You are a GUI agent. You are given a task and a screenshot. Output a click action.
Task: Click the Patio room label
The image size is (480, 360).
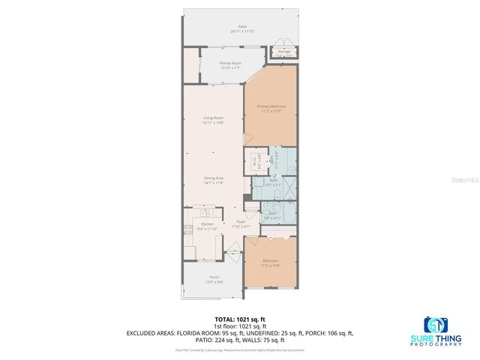(x=242, y=28)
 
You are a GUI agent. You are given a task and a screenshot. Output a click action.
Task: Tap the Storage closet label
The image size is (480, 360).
(x=284, y=53)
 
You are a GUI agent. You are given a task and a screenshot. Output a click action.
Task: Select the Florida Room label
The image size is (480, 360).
(x=229, y=65)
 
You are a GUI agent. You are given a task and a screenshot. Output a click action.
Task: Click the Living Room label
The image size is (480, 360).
(x=214, y=120)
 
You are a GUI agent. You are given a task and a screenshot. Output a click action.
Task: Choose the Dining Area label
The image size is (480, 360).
(x=214, y=180)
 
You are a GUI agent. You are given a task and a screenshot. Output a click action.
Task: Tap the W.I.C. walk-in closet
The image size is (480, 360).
(x=255, y=161)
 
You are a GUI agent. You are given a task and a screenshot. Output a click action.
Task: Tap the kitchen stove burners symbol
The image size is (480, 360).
(x=189, y=229)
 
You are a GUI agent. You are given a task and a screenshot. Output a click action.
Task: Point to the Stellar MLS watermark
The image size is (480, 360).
(x=466, y=180)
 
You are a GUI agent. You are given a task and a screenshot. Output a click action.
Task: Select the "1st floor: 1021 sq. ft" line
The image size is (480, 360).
(x=239, y=326)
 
